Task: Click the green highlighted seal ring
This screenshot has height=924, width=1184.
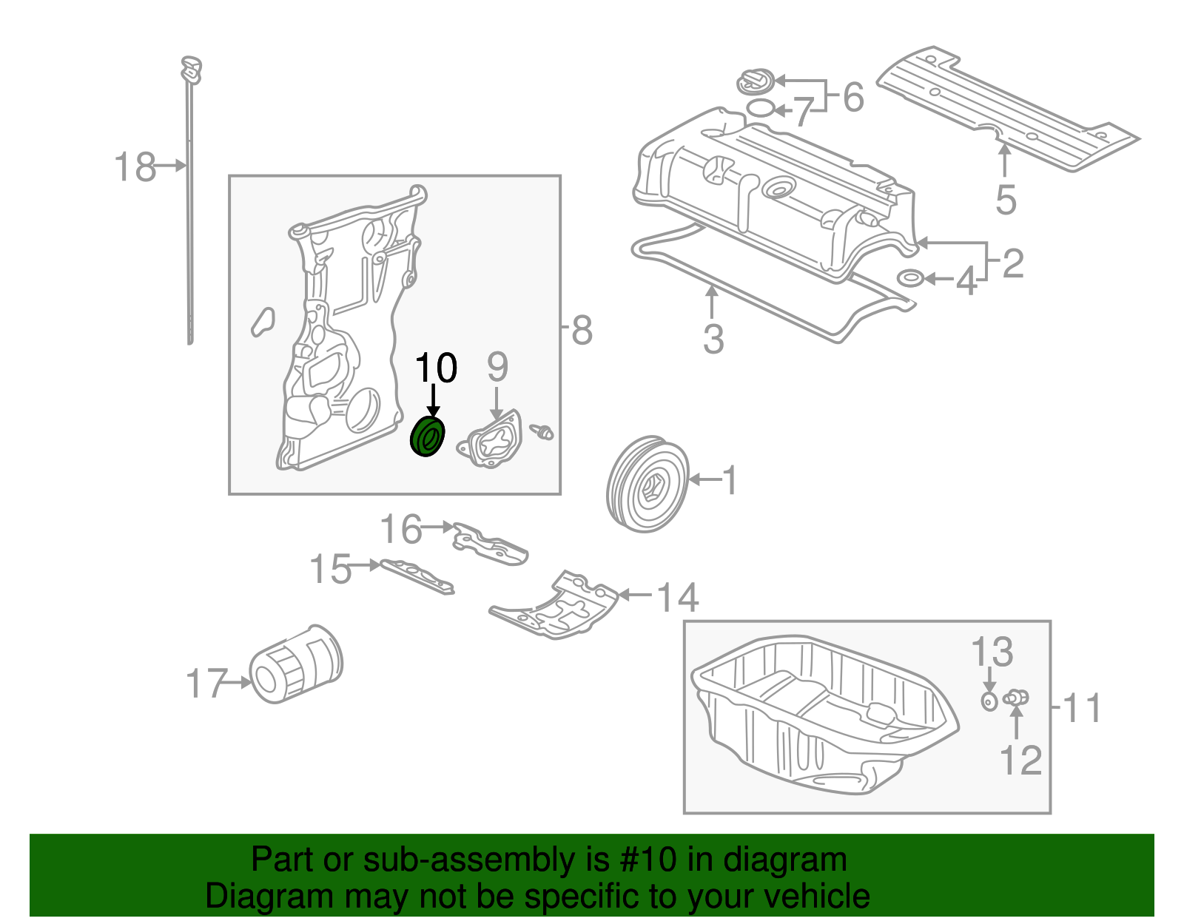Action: [428, 436]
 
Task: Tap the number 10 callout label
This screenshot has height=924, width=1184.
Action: [437, 368]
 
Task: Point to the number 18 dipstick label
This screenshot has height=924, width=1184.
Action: [135, 167]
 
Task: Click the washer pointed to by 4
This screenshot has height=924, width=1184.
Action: [910, 279]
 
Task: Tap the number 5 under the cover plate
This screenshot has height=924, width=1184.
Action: [1006, 199]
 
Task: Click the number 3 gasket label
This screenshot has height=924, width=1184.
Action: [713, 339]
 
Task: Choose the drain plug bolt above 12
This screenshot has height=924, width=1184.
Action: [1017, 697]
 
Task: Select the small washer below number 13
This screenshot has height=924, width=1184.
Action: [989, 701]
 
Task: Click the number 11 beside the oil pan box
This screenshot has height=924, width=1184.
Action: [1083, 708]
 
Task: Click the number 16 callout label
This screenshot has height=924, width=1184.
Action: [400, 530]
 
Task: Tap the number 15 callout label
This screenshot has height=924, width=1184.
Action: [330, 570]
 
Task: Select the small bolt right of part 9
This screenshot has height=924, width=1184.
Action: [544, 431]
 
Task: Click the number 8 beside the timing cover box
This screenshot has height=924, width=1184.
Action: [582, 330]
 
